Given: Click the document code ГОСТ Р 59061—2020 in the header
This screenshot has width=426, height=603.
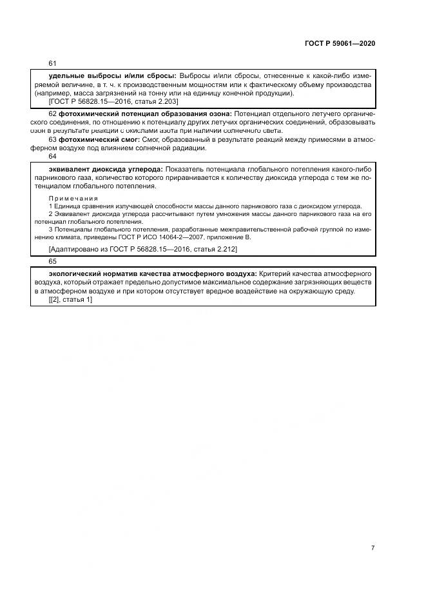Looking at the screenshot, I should pos(340,43).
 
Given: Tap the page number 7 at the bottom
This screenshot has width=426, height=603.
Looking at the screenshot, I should pos(373,548).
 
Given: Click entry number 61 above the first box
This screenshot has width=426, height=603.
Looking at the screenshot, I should pos(53,63).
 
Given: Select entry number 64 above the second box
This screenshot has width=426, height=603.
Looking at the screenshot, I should pos(53,157).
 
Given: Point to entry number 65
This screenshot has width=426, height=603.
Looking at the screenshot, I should pos(53,262).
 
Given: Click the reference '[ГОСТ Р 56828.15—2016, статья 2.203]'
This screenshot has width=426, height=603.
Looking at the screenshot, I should pos(113,101).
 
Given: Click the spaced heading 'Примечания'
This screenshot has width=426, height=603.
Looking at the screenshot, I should pos(73,198).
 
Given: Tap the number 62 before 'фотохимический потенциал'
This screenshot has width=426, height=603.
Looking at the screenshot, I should pos(53,114).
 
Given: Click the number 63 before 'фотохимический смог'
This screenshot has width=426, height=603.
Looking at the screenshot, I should pos(53,139).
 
